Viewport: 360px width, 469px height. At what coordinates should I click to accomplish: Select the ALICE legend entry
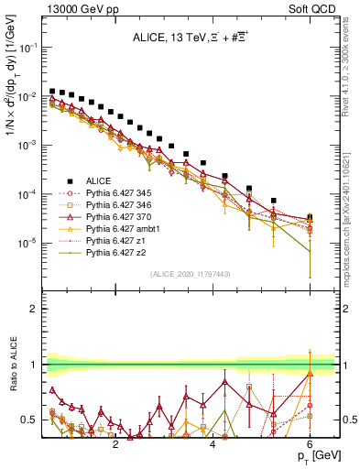click(101, 181)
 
